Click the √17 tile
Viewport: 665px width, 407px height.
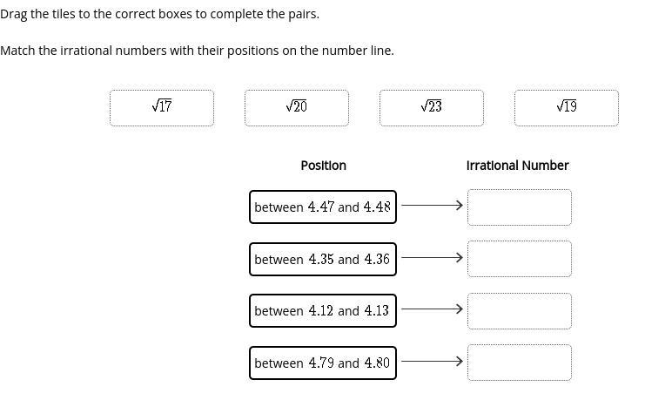tap(162, 107)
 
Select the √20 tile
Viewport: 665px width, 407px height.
tap(296, 107)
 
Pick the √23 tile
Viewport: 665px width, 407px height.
tap(431, 107)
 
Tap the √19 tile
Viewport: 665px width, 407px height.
tap(566, 107)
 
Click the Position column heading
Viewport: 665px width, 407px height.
tap(323, 166)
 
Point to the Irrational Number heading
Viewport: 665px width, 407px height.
tap(517, 166)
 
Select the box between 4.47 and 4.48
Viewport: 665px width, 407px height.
tap(322, 207)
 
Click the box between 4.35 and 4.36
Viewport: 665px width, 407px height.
tap(322, 259)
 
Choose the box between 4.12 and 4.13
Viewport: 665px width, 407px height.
tap(322, 310)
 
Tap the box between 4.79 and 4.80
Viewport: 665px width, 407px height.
tap(322, 363)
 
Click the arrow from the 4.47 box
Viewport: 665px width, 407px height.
tap(432, 206)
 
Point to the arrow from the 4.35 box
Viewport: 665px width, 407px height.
tap(432, 258)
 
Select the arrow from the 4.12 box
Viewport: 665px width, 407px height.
tap(432, 309)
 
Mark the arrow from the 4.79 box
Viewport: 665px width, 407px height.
tap(432, 361)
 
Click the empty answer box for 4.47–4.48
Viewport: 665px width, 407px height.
tap(519, 207)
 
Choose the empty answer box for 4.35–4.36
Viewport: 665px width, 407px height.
tap(519, 259)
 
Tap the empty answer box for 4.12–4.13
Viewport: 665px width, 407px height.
tap(519, 310)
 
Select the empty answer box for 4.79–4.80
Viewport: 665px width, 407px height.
tap(519, 363)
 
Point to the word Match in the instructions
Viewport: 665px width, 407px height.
tap(17, 51)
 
